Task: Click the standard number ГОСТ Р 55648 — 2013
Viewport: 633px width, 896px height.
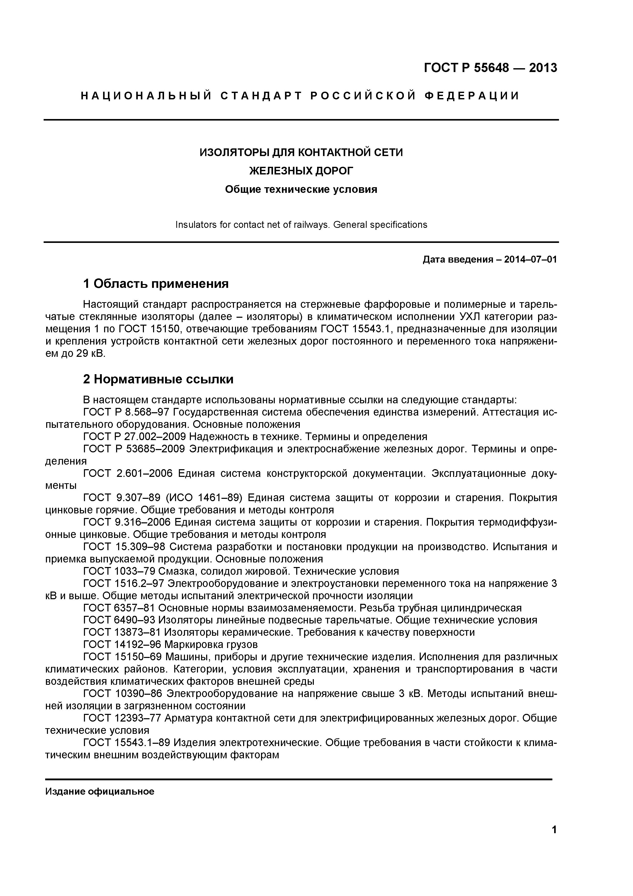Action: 490,68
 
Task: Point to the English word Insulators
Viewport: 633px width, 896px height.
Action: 193,225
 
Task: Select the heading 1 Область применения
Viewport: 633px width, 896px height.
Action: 156,284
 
